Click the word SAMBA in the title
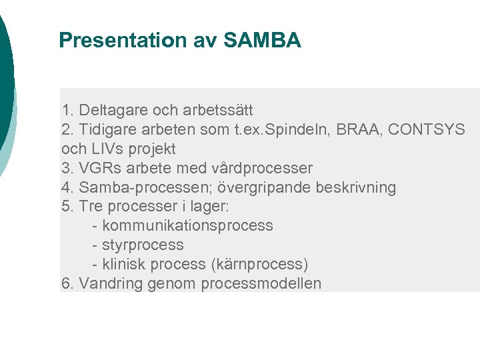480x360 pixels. [262, 41]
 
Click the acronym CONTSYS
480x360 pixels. [427, 129]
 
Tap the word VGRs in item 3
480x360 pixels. [98, 167]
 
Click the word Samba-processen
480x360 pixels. [138, 187]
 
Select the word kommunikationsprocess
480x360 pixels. [187, 225]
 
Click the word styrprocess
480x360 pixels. [143, 245]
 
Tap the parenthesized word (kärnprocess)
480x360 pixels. [259, 264]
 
